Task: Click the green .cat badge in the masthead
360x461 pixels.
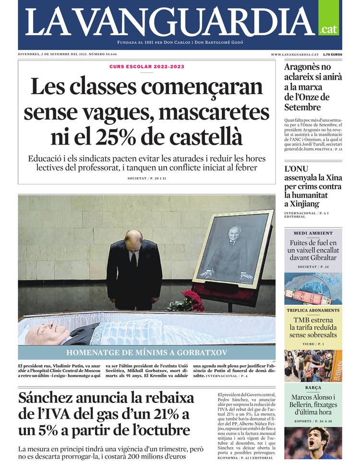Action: [328, 29]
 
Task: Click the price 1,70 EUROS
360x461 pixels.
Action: [332, 55]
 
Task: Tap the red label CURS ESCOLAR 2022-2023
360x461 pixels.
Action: [147, 67]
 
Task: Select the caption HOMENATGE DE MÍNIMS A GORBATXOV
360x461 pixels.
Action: [146, 352]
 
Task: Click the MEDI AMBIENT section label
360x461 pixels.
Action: [313, 233]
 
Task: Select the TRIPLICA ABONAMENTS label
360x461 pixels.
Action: [313, 310]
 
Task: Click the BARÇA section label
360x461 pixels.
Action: [313, 388]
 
